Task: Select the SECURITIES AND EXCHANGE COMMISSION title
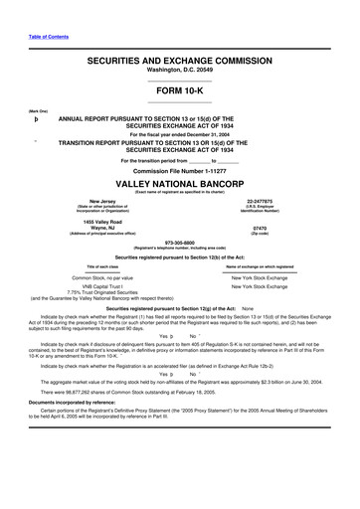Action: (x=180, y=62)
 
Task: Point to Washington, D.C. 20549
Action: (x=180, y=72)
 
